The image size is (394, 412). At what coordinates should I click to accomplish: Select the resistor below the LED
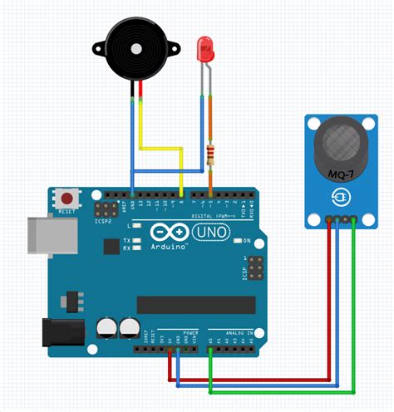click(x=209, y=154)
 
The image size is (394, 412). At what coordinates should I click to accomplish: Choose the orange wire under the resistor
click(x=209, y=108)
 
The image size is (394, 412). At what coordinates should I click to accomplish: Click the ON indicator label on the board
click(x=247, y=241)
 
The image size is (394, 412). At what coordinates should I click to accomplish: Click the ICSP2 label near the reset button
click(x=80, y=222)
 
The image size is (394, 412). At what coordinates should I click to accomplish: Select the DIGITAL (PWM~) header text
click(x=193, y=215)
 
